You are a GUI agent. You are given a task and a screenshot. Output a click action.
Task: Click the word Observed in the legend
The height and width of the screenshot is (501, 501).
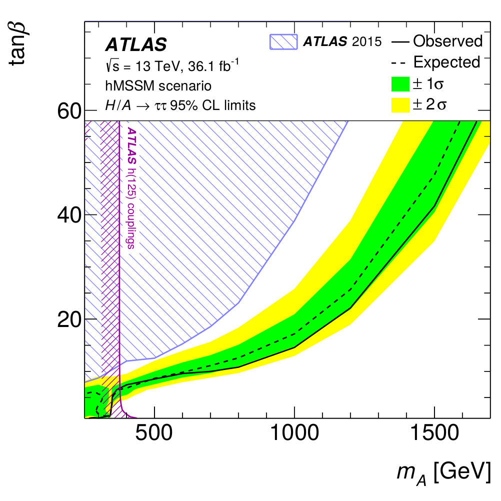pos(448,41)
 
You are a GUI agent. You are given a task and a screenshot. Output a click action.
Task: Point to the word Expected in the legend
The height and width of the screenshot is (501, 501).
pos(446,62)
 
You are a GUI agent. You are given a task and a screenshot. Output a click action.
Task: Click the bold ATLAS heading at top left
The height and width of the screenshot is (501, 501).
pos(135,45)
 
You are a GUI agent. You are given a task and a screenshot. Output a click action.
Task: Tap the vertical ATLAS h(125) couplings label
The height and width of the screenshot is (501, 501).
pos(132,188)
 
